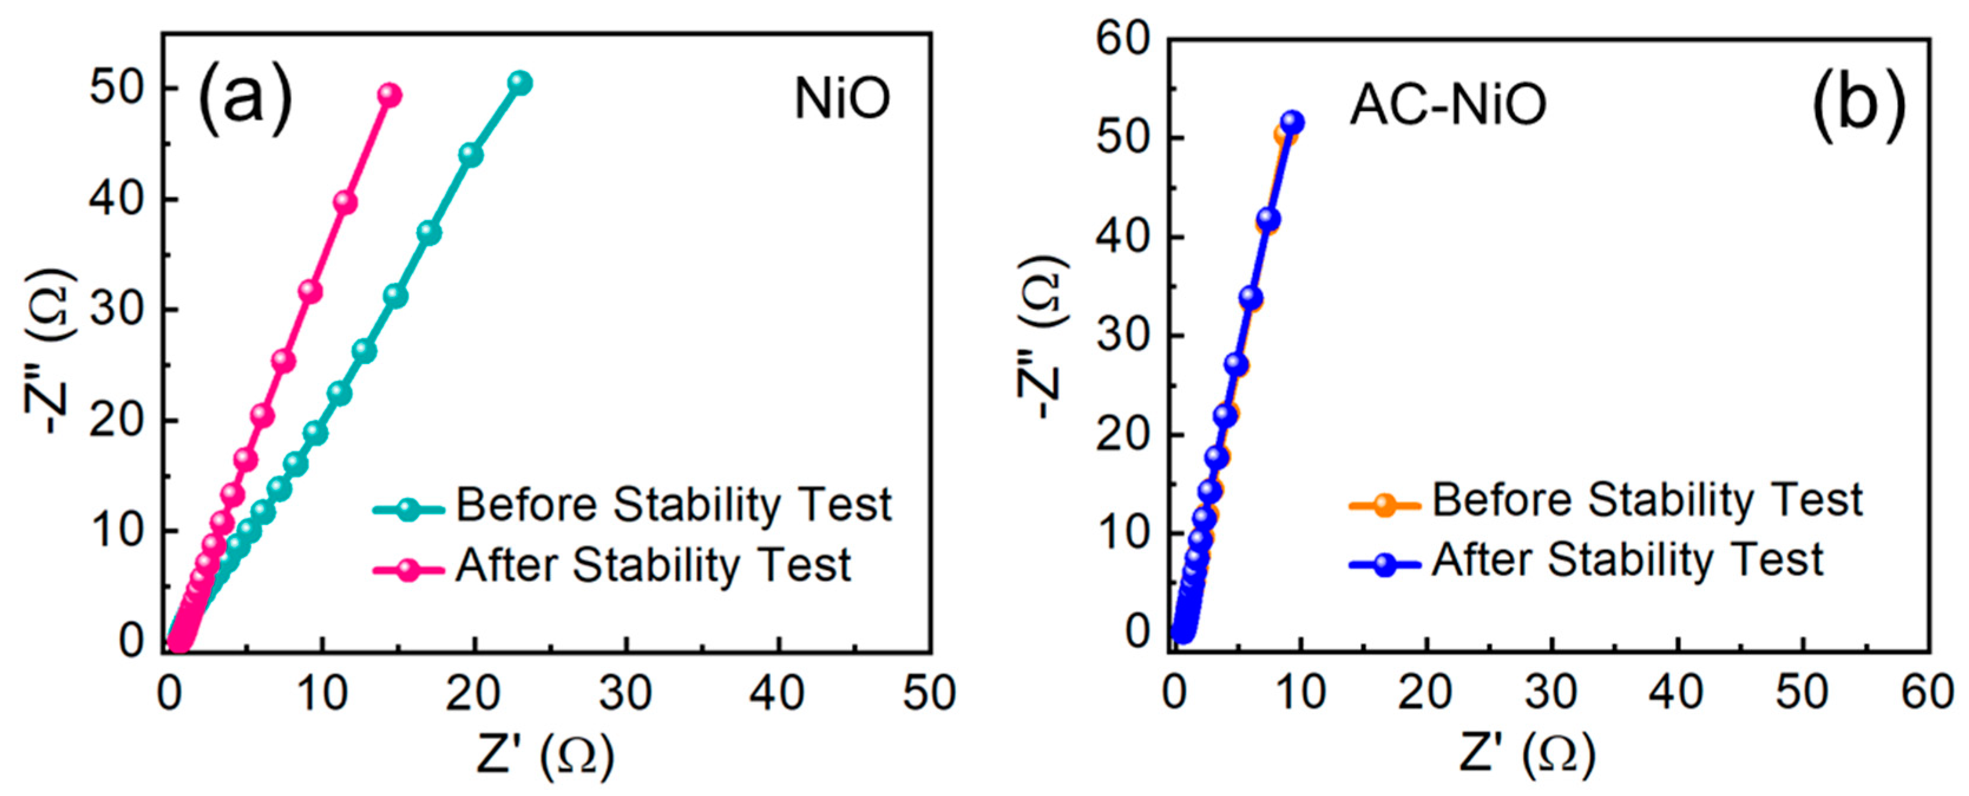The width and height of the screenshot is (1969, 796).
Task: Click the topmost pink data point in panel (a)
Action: coord(390,95)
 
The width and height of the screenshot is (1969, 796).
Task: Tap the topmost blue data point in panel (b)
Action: coord(1292,122)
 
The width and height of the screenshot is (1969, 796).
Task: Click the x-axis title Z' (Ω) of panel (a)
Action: coord(545,755)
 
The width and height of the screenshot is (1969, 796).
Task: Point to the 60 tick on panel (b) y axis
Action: coord(1123,38)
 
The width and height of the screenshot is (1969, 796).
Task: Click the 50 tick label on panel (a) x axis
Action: coord(929,693)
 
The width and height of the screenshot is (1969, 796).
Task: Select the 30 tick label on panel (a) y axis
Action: coord(116,310)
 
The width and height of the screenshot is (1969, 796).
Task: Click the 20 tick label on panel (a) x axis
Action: coord(474,693)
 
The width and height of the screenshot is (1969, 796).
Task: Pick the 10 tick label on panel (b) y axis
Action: coord(1123,533)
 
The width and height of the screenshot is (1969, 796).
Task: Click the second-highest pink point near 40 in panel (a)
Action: coord(346,202)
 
